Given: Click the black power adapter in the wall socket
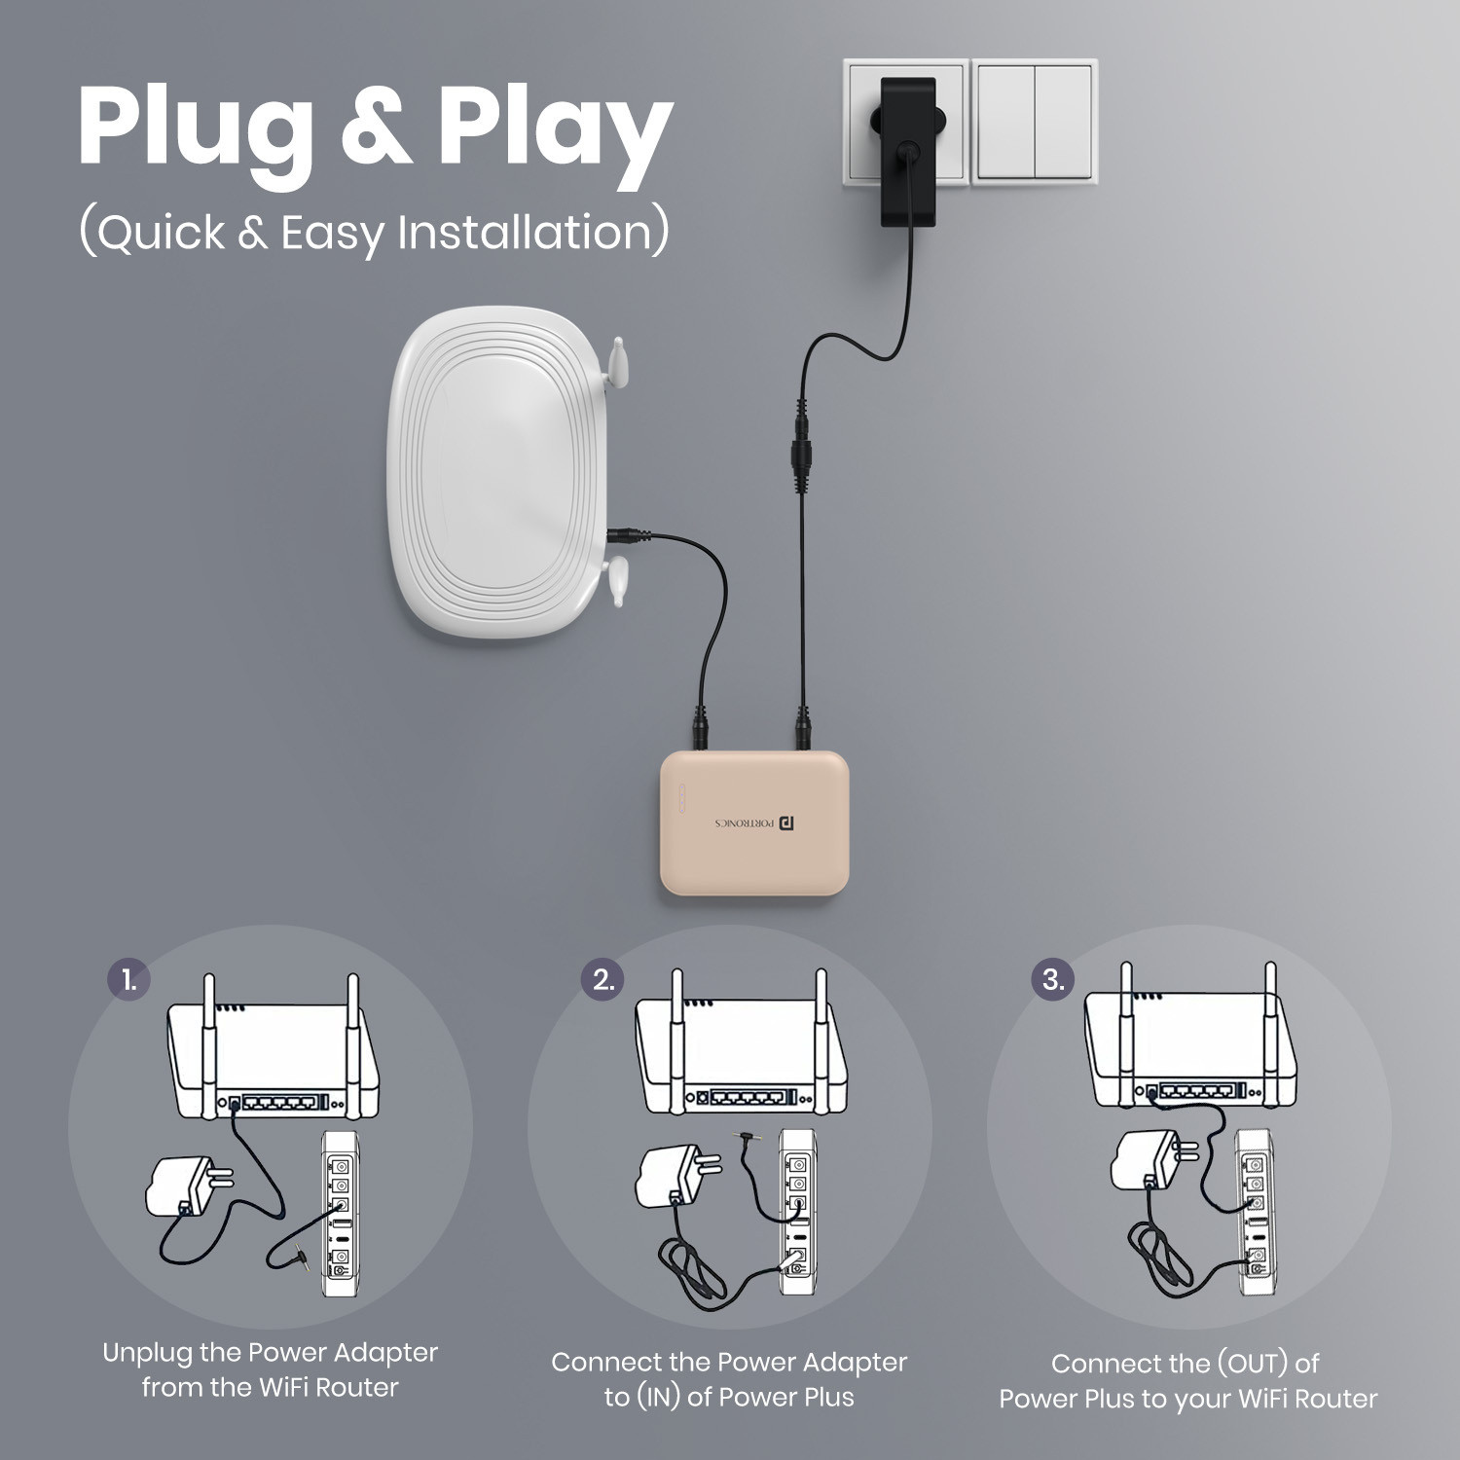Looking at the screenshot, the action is click(907, 151).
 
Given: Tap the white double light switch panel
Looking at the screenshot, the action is click(1035, 122).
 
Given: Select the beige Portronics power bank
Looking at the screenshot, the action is click(754, 822).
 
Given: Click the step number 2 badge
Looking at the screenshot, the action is click(604, 979).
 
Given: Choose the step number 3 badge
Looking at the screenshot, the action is click(1054, 979).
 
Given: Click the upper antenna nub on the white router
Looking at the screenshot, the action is click(616, 361).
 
